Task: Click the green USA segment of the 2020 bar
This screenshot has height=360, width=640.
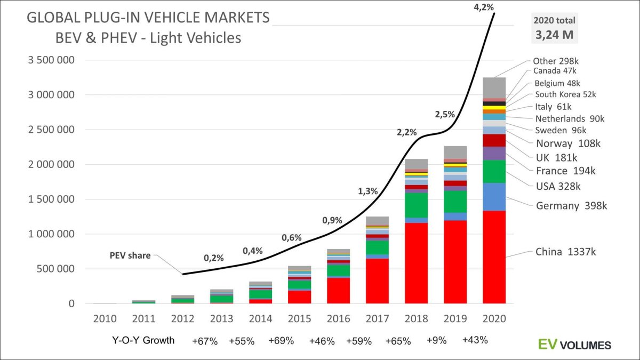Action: click(x=494, y=171)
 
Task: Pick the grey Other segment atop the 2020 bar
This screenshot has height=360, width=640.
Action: click(x=494, y=87)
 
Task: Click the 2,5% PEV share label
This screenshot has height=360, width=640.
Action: click(x=444, y=114)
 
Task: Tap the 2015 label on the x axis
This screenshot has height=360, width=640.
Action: click(x=300, y=318)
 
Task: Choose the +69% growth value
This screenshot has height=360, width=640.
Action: click(x=281, y=341)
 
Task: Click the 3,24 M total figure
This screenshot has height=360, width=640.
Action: click(x=554, y=36)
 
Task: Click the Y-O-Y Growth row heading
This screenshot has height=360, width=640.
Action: click(x=143, y=340)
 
